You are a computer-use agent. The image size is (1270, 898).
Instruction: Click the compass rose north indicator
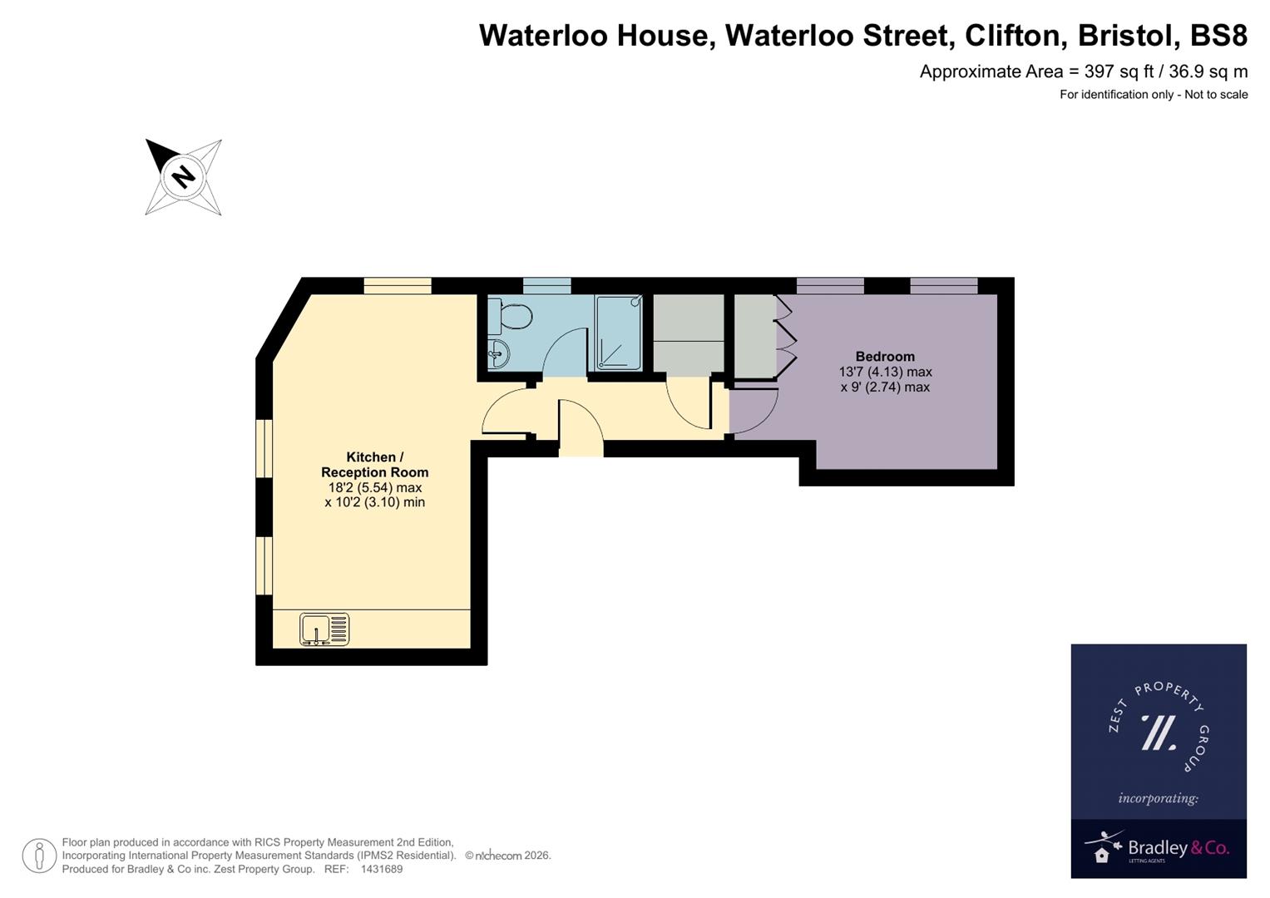tap(183, 176)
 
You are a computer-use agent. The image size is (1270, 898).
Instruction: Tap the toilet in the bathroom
tap(511, 317)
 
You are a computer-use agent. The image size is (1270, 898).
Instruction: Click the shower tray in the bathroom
tap(618, 333)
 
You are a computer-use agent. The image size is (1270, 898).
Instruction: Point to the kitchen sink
tap(324, 629)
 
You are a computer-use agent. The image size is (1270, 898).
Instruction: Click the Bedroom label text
tap(885, 357)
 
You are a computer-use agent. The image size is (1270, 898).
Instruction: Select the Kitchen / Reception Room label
tap(374, 465)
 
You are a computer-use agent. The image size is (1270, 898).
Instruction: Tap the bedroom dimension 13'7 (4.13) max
tap(885, 372)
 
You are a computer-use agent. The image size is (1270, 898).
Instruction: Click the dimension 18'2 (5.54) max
tap(374, 487)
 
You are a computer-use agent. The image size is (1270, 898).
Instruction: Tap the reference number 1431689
tap(381, 869)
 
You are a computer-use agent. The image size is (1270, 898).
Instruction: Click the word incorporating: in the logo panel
tap(1158, 798)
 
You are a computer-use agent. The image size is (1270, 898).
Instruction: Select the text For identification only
tap(1115, 95)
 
